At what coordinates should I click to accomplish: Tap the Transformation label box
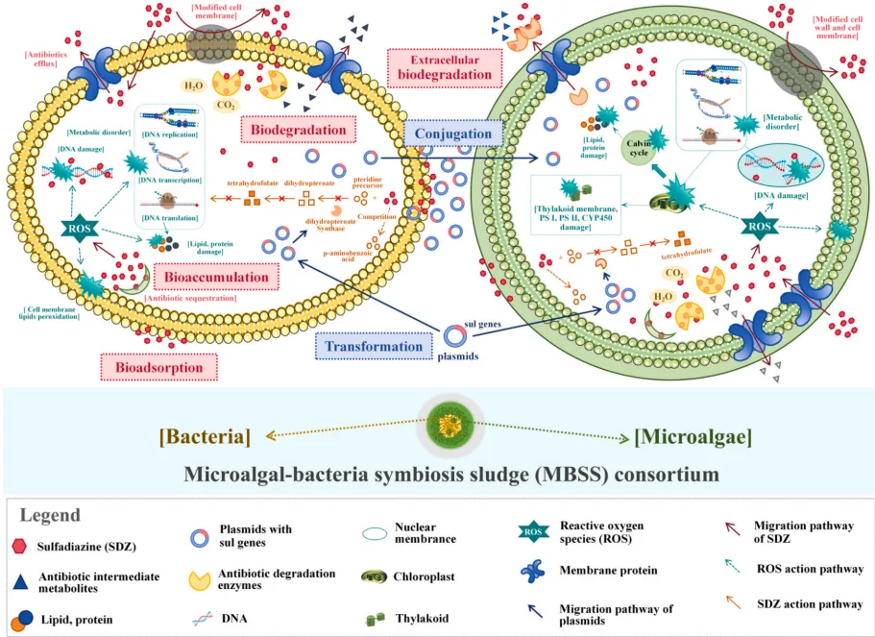point(373,346)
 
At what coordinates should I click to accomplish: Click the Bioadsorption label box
point(158,366)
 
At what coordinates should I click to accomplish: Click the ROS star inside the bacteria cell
point(80,230)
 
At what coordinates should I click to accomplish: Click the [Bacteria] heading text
point(205,436)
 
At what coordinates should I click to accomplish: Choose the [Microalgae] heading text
point(693,436)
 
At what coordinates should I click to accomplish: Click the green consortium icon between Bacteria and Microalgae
point(443,432)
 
